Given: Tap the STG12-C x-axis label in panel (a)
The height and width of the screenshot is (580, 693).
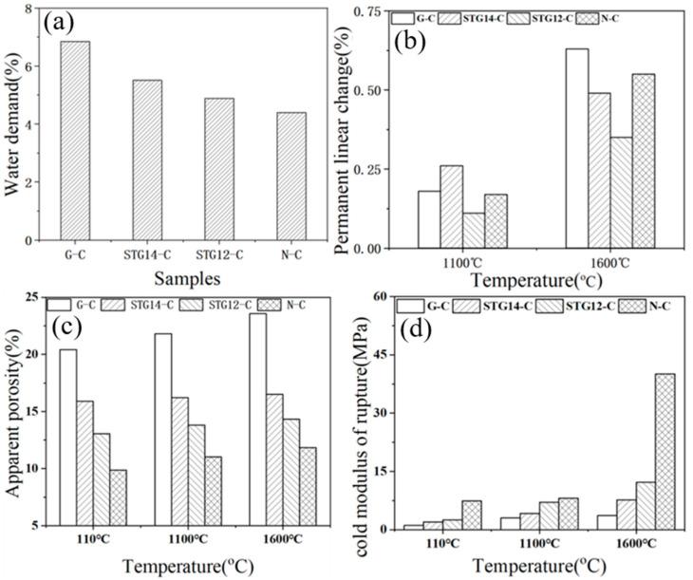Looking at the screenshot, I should coord(218,253).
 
